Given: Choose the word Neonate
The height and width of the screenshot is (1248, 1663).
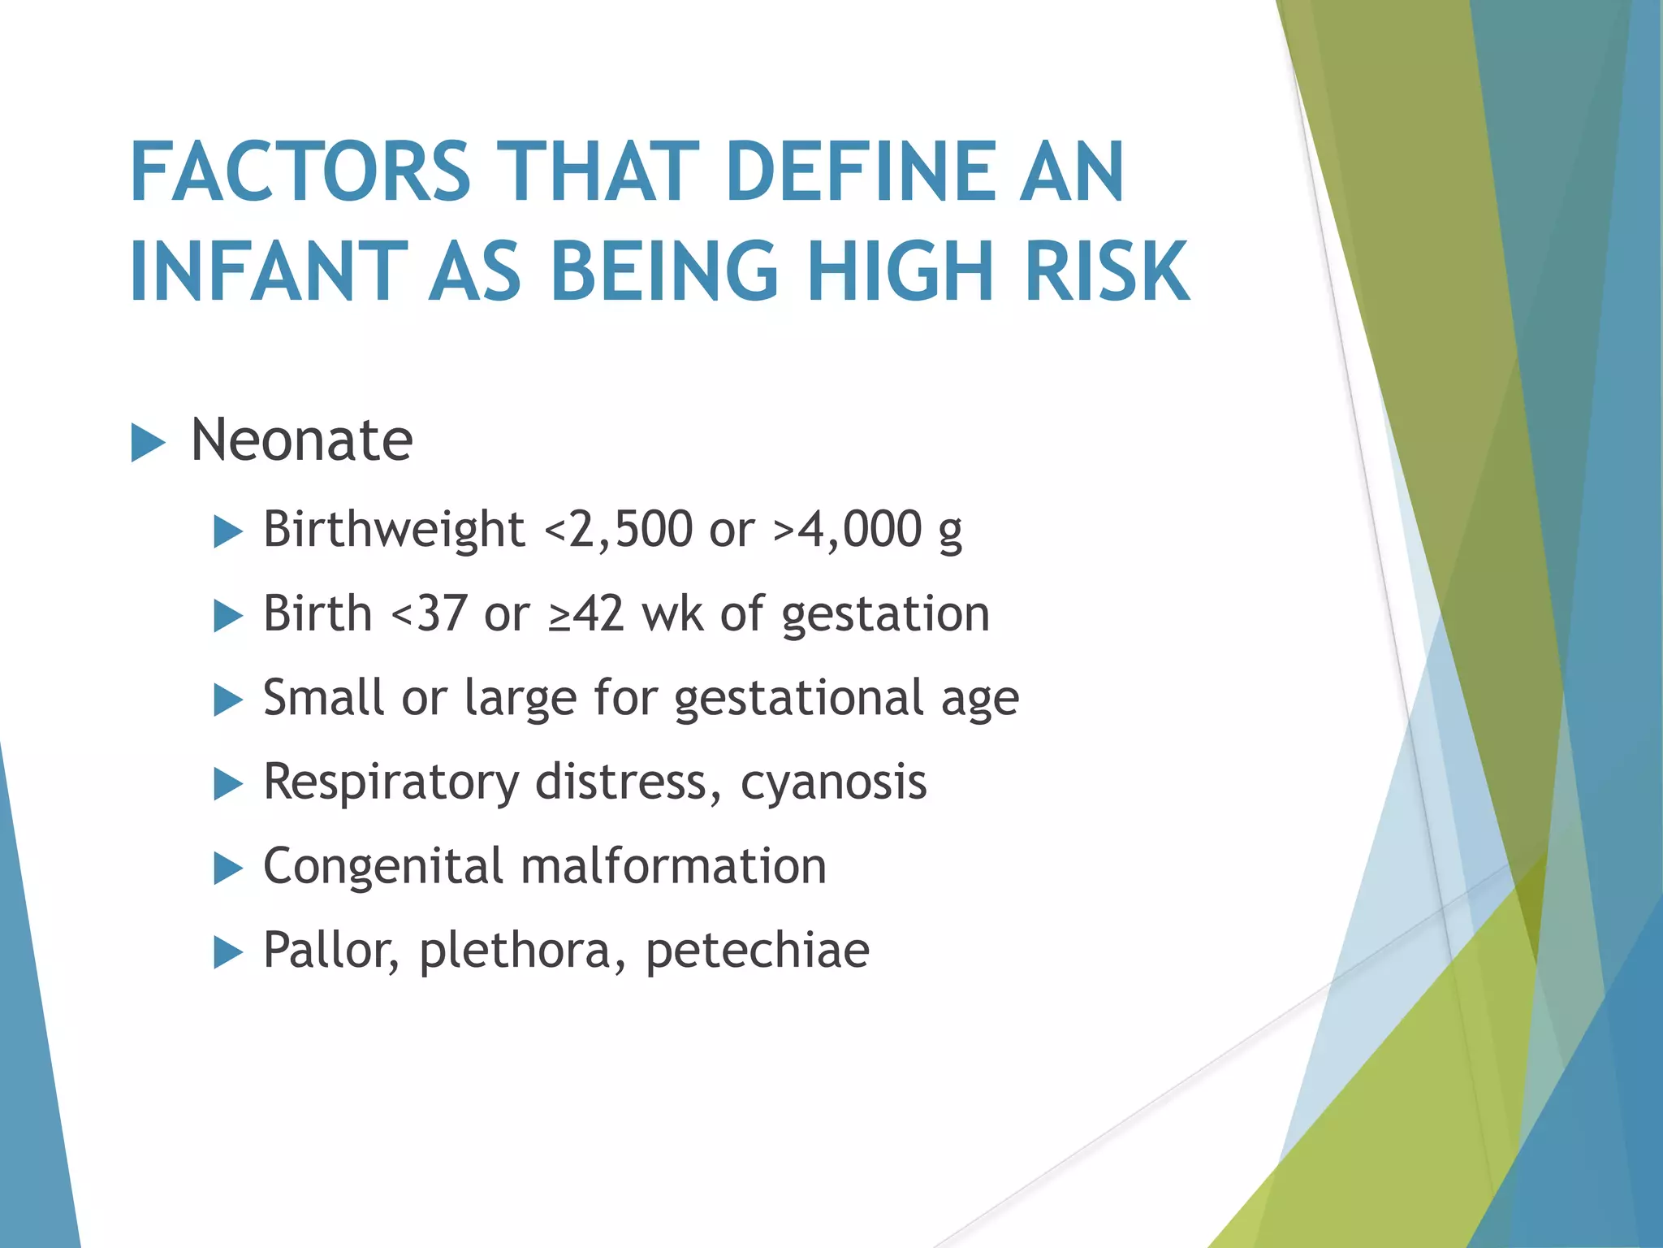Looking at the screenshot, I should pos(301,440).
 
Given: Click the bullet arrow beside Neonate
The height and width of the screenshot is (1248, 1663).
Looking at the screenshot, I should pos(148,444).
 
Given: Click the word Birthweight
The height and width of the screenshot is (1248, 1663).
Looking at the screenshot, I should pos(394,530).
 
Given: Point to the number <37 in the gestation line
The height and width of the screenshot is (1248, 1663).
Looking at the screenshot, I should pos(430,613).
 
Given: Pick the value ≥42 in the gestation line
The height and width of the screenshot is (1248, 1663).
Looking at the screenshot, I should pos(586,613).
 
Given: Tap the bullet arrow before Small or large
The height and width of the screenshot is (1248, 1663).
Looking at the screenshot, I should pos(228,700).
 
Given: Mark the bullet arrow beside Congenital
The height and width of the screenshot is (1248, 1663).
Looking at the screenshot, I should pos(228,869).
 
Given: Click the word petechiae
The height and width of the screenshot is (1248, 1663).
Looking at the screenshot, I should pos(758,950).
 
